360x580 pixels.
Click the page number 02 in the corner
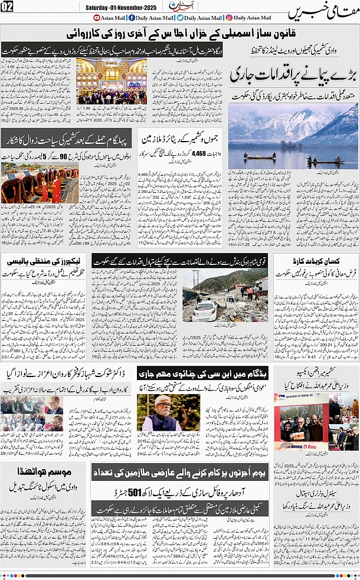pyautogui.click(x=8, y=8)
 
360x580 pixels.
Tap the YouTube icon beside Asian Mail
pyautogui.click(x=96, y=19)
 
